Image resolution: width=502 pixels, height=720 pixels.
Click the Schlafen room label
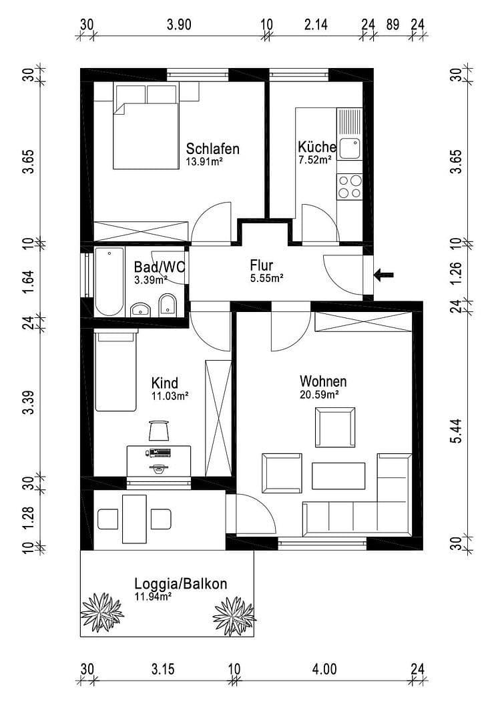click(x=212, y=148)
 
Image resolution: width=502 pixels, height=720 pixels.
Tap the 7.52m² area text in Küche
click(x=315, y=160)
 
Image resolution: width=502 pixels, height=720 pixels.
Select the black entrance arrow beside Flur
click(x=385, y=273)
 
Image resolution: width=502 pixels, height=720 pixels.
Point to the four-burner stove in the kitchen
click(x=350, y=187)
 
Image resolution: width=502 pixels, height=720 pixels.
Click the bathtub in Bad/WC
click(x=109, y=281)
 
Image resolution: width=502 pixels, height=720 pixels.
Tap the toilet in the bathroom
click(x=168, y=306)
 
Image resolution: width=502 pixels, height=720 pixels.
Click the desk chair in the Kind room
click(x=158, y=430)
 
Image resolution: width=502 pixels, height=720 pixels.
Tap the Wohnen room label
click(x=323, y=382)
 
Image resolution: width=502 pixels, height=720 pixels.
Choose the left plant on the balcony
click(x=102, y=612)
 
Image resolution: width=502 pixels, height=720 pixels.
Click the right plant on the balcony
click(x=234, y=614)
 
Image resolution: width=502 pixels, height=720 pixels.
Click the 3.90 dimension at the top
click(x=179, y=25)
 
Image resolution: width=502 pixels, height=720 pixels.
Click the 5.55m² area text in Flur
click(x=267, y=278)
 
